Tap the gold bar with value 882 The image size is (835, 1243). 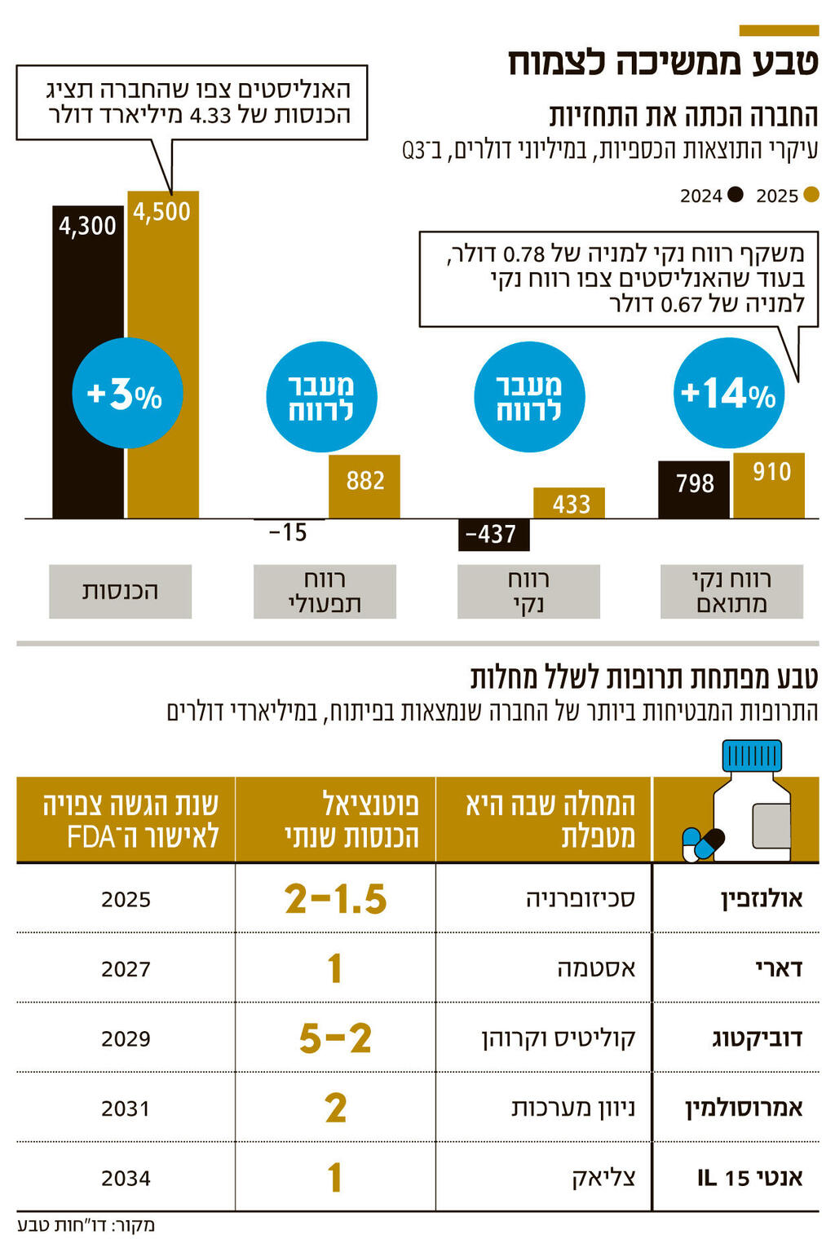pyautogui.click(x=364, y=487)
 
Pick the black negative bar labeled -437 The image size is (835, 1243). pyautogui.click(x=493, y=535)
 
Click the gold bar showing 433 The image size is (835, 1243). pyautogui.click(x=569, y=503)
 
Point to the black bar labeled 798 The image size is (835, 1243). pyautogui.click(x=693, y=489)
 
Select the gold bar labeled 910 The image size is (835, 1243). pyautogui.click(x=769, y=486)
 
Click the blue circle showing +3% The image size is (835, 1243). pyautogui.click(x=127, y=394)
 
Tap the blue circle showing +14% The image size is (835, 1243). pyautogui.click(x=728, y=394)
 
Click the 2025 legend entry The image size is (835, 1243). pyautogui.click(x=787, y=196)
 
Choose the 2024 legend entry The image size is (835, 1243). pyautogui.click(x=711, y=196)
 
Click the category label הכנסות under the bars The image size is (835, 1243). pyautogui.click(x=120, y=591)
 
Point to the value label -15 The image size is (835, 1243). pyautogui.click(x=288, y=533)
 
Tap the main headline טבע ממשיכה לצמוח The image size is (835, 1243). pyautogui.click(x=663, y=64)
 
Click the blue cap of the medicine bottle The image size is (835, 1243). pyautogui.click(x=752, y=755)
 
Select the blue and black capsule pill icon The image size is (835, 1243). pyautogui.click(x=702, y=844)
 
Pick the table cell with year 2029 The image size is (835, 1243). pyautogui.click(x=126, y=1038)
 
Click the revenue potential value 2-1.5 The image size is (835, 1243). pyautogui.click(x=335, y=899)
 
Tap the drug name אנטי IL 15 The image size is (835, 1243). pyautogui.click(x=749, y=1178)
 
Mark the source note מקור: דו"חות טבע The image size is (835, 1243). pyautogui.click(x=86, y=1225)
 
